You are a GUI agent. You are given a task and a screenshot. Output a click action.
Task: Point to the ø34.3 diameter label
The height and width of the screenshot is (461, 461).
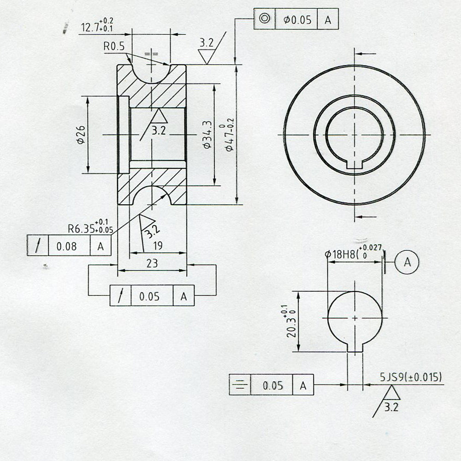pyautogui.click(x=207, y=135)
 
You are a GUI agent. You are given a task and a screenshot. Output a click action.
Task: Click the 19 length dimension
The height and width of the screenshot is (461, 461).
pyautogui.click(x=157, y=246)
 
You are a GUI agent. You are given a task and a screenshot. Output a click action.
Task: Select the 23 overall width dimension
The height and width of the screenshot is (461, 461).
pyautogui.click(x=152, y=263)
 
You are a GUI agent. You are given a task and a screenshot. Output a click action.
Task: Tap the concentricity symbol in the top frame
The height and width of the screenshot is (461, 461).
pyautogui.click(x=265, y=19)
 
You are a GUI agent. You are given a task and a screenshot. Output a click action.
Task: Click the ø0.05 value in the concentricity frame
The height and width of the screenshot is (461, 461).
pyautogui.click(x=297, y=19)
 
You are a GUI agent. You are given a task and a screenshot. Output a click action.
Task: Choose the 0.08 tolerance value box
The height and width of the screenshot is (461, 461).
pyautogui.click(x=69, y=246)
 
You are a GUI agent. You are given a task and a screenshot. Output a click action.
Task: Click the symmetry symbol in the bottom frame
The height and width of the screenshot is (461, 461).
pyautogui.click(x=240, y=386)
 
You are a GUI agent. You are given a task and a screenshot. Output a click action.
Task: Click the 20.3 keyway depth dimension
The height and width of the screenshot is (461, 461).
pyautogui.click(x=291, y=321)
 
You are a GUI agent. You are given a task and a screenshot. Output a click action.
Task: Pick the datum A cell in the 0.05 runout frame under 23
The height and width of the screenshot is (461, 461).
pyautogui.click(x=183, y=296)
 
